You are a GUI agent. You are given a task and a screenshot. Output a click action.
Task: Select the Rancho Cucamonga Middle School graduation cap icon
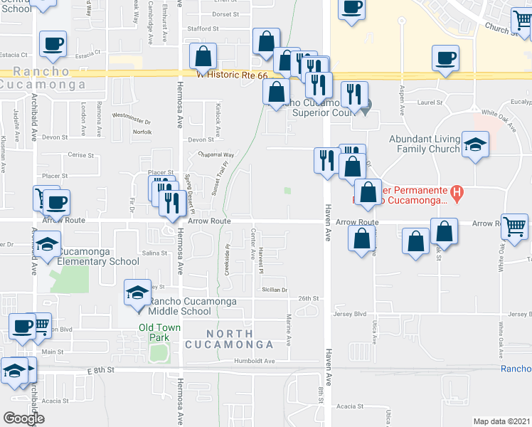137,292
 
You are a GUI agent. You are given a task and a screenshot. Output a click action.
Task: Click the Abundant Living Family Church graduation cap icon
474,145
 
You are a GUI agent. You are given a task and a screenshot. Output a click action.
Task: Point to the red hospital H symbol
458,191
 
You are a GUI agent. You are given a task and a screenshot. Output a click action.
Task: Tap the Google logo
23,418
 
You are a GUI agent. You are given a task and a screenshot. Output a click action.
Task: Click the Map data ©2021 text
502,421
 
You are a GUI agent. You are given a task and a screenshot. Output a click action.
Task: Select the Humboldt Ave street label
254,362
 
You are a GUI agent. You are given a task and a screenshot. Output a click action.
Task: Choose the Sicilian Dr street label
274,290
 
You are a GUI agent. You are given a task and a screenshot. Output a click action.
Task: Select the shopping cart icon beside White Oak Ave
514,227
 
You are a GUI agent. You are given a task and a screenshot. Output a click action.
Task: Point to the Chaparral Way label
216,154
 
